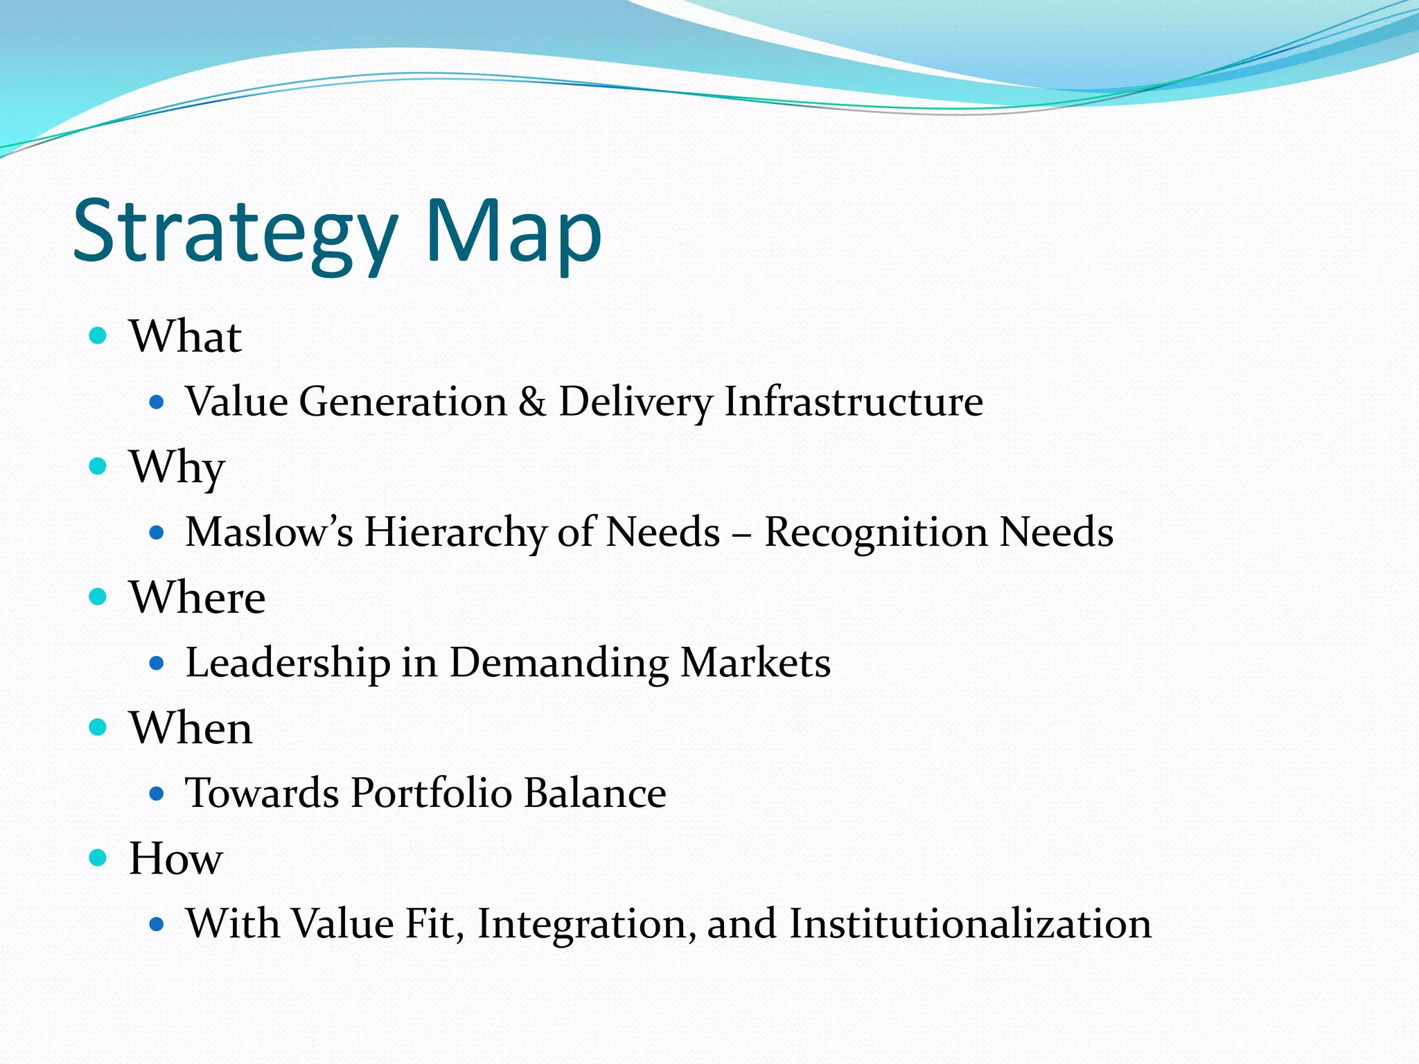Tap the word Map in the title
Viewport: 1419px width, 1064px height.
click(x=513, y=232)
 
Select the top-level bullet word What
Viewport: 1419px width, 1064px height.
click(x=185, y=337)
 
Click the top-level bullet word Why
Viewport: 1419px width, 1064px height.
click(x=177, y=468)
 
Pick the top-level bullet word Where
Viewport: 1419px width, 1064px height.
click(x=197, y=597)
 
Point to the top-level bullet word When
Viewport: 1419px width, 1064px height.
click(x=191, y=728)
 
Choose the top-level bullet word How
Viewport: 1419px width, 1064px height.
click(x=176, y=858)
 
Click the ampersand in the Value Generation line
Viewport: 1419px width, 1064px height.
click(x=532, y=402)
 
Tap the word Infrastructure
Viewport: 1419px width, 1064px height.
click(x=854, y=402)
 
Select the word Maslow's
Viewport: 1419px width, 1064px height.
click(x=269, y=532)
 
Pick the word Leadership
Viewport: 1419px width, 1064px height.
click(x=288, y=663)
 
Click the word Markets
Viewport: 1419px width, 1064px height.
click(x=755, y=663)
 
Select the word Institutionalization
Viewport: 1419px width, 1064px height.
click(x=970, y=924)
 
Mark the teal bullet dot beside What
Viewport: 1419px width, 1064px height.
click(x=98, y=336)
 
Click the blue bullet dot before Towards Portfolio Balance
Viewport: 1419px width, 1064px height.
click(x=157, y=794)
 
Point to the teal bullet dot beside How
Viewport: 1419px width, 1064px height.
click(x=98, y=858)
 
